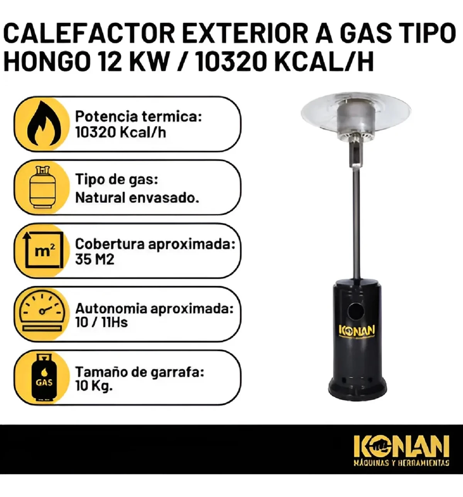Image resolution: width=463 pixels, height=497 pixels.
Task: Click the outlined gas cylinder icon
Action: pos(42,187)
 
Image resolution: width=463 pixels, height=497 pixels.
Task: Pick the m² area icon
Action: pos(42,250)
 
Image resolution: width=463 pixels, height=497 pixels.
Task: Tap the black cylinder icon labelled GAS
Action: pos(44,378)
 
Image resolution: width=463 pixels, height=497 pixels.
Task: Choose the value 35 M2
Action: pos(95,259)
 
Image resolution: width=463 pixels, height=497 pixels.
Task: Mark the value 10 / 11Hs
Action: pos(101,322)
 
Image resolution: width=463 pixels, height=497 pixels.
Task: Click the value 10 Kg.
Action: pos(94,385)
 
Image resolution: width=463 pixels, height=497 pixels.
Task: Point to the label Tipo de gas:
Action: pos(117,180)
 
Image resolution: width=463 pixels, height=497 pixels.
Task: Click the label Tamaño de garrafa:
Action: pos(140,372)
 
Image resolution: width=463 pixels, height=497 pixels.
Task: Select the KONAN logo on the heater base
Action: pos(357,331)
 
